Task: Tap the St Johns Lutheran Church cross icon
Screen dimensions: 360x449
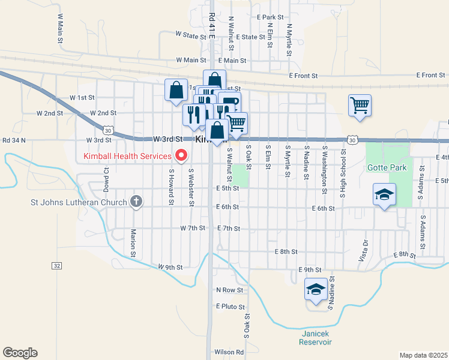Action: [137, 202]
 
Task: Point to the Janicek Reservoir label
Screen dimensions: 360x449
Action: [316, 338]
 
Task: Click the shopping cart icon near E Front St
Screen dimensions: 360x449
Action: [360, 106]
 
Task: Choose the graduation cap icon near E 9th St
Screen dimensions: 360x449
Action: [316, 289]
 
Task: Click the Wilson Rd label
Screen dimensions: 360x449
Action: [229, 352]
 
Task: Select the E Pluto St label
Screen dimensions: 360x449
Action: [228, 306]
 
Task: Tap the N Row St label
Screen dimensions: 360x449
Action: [230, 290]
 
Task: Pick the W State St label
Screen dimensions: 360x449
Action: [191, 36]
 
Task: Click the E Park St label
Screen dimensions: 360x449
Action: [269, 17]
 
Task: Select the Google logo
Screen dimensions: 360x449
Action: [20, 353]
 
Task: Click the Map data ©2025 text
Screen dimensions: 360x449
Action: [423, 355]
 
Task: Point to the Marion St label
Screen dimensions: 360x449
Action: [133, 240]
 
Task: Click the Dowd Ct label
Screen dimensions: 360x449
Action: [106, 178]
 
